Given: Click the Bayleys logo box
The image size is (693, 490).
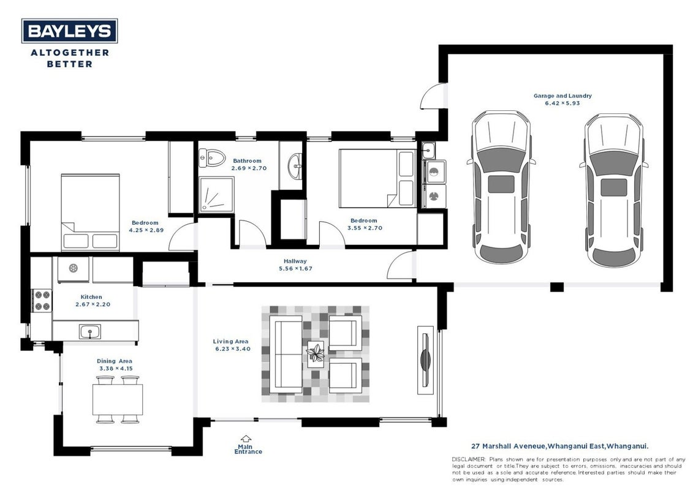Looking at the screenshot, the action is pos(69,31).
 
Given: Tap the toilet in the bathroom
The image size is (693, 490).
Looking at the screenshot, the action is pos(212,158).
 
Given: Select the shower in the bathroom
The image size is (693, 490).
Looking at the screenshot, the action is pos(216,194).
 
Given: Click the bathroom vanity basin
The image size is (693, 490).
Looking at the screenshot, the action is pos(295,167).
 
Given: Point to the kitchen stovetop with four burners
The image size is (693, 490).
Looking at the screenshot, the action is pos(42,301).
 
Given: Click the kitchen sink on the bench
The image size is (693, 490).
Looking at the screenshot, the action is pos(89,331).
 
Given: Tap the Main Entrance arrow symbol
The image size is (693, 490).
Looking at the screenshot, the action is pos(246,439).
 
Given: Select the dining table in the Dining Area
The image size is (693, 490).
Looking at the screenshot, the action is pos(118,399).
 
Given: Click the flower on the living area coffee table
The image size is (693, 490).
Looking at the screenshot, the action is pos(316,353).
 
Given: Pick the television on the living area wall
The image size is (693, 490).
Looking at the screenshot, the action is pos(426,360).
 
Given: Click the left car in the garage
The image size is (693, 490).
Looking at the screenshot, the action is pos(501,187).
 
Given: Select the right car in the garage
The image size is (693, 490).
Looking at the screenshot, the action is pos(613,190).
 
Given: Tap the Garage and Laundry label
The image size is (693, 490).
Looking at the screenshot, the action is pos(562,96).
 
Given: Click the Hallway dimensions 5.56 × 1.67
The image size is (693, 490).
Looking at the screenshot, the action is pos(295,269).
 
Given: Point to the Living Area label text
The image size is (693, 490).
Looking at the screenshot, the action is pos(231,341).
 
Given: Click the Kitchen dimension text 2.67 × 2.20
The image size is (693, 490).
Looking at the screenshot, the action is pos(93,304).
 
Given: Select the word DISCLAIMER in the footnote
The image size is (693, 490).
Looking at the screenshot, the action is pos(469,459).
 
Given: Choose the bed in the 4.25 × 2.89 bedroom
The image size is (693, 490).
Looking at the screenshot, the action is pos(90,213).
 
